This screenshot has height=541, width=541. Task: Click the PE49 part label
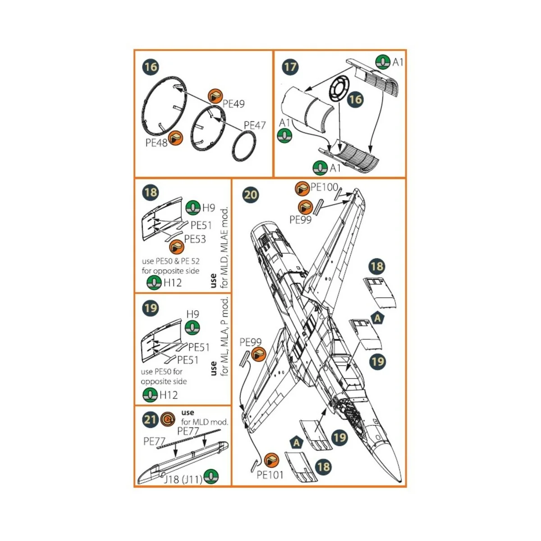coord(234,104)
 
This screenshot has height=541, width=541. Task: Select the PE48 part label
coord(156,143)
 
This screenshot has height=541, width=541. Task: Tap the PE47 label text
coord(255,125)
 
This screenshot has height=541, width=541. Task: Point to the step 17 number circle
coord(290,67)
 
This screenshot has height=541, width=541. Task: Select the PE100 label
coord(324,187)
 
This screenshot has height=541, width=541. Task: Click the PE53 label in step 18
coord(195,239)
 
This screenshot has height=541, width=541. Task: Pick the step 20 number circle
coord(251,195)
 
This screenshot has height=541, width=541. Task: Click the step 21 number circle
coord(150,420)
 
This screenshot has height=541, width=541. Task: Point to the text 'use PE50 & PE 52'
coord(170,261)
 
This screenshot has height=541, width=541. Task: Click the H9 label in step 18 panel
coord(208,208)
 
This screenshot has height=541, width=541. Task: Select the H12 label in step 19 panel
coord(169,395)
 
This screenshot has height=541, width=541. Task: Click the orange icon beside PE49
coord(216,96)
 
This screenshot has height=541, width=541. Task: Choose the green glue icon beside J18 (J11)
coord(211,477)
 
